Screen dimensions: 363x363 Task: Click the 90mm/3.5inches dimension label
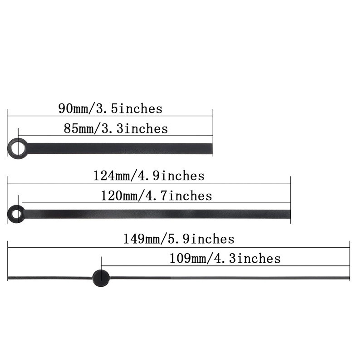pos(110,109)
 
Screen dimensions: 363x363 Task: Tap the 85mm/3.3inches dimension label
pos(116,129)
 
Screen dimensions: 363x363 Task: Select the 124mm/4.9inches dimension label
pos(149,176)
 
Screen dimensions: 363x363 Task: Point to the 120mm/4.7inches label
pos(156,196)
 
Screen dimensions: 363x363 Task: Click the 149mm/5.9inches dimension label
pos(179,239)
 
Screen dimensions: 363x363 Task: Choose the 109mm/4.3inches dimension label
pos(225,259)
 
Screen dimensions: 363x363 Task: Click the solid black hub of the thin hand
pos(101,278)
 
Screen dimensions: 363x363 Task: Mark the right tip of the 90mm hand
pos(211,148)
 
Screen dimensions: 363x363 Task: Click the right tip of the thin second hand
pos(348,277)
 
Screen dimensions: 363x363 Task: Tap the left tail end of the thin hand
pos(9,278)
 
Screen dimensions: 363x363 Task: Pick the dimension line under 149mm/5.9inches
pos(179,248)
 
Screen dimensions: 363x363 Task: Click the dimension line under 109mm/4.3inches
pos(225,267)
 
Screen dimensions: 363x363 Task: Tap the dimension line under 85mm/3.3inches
pos(116,136)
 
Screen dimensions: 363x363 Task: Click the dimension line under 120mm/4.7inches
pos(156,203)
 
